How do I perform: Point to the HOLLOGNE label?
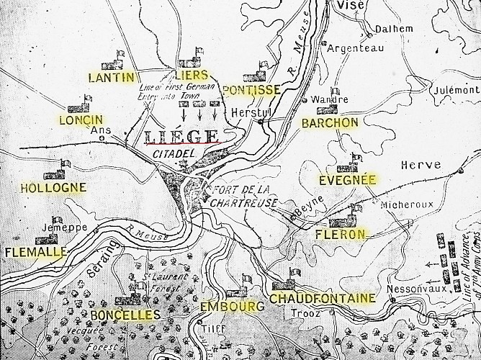[x=53, y=188]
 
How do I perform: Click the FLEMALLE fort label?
[x=35, y=252]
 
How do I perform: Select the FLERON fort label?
[x=341, y=234]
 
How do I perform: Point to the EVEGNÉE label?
[x=349, y=179]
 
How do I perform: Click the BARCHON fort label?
[x=330, y=122]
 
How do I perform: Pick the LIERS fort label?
[x=191, y=75]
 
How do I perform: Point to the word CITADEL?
[x=170, y=155]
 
